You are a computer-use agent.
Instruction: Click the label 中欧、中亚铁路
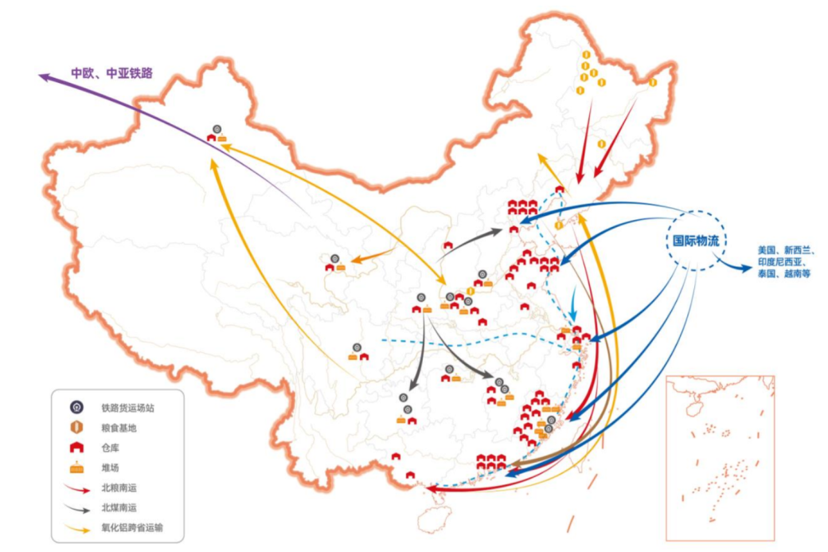pyautogui.click(x=111, y=72)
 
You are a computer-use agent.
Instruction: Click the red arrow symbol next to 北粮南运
pyautogui.click(x=77, y=487)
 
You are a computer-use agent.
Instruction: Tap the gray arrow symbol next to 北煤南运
pyautogui.click(x=77, y=507)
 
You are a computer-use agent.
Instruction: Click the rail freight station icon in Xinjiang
pyautogui.click(x=217, y=128)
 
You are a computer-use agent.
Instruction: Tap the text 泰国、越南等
pyautogui.click(x=784, y=273)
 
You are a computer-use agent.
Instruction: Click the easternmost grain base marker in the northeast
pyautogui.click(x=653, y=81)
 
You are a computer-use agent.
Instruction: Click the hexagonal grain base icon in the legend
pyautogui.click(x=77, y=428)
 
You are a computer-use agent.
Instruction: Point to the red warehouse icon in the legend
pyautogui.click(x=77, y=448)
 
